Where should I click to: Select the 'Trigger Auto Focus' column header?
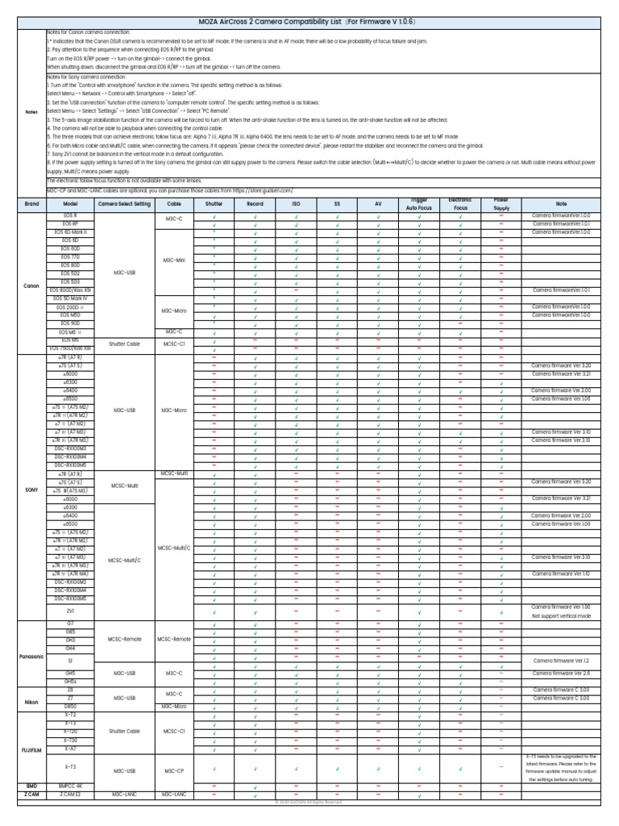point(420,204)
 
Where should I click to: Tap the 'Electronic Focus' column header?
point(460,204)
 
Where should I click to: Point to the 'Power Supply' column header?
point(501,204)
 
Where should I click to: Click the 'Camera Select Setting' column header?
point(124,204)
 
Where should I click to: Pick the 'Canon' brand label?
point(31,286)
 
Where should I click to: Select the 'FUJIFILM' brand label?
point(31,749)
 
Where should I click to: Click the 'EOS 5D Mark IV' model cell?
point(70,299)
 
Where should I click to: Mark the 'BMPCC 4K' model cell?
point(70,785)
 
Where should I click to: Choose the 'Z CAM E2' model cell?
point(70,795)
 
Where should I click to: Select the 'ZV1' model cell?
point(70,633)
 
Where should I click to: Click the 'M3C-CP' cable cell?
point(175,770)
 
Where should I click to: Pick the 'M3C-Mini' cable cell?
point(175,261)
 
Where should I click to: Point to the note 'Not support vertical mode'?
point(561,638)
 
